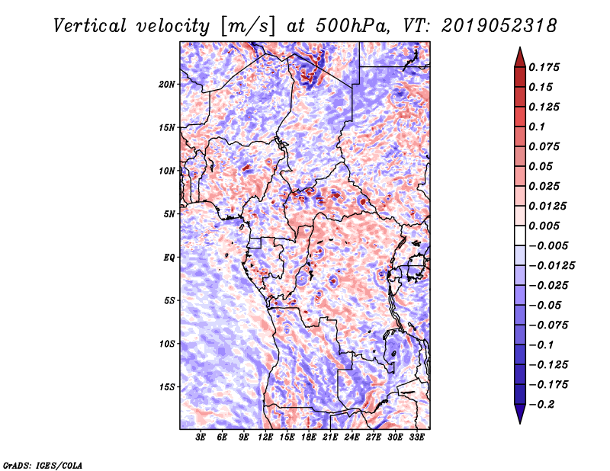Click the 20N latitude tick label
pyautogui.click(x=167, y=85)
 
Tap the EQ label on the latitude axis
pyautogui.click(x=169, y=258)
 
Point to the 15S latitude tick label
pyautogui.click(x=167, y=387)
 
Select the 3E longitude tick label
pyautogui.click(x=201, y=437)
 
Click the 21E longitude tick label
pyautogui.click(x=330, y=437)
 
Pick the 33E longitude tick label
pyautogui.click(x=416, y=437)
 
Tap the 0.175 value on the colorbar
pyautogui.click(x=544, y=67)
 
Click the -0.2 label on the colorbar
pyautogui.click(x=541, y=405)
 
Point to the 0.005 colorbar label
pyautogui.click(x=544, y=226)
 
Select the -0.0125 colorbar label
pyautogui.click(x=551, y=266)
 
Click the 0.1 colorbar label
pyautogui.click(x=537, y=127)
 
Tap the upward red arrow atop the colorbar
pyautogui.click(x=520, y=57)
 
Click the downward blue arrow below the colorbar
pyautogui.click(x=520, y=414)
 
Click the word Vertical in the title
pyautogui.click(x=89, y=26)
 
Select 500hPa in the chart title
pyautogui.click(x=352, y=26)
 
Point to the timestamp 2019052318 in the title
pyautogui.click(x=499, y=26)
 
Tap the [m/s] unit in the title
pyautogui.click(x=247, y=27)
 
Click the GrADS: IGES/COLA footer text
pyautogui.click(x=43, y=466)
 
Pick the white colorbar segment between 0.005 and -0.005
pyautogui.click(x=520, y=235)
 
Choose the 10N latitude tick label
pyautogui.click(x=167, y=171)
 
